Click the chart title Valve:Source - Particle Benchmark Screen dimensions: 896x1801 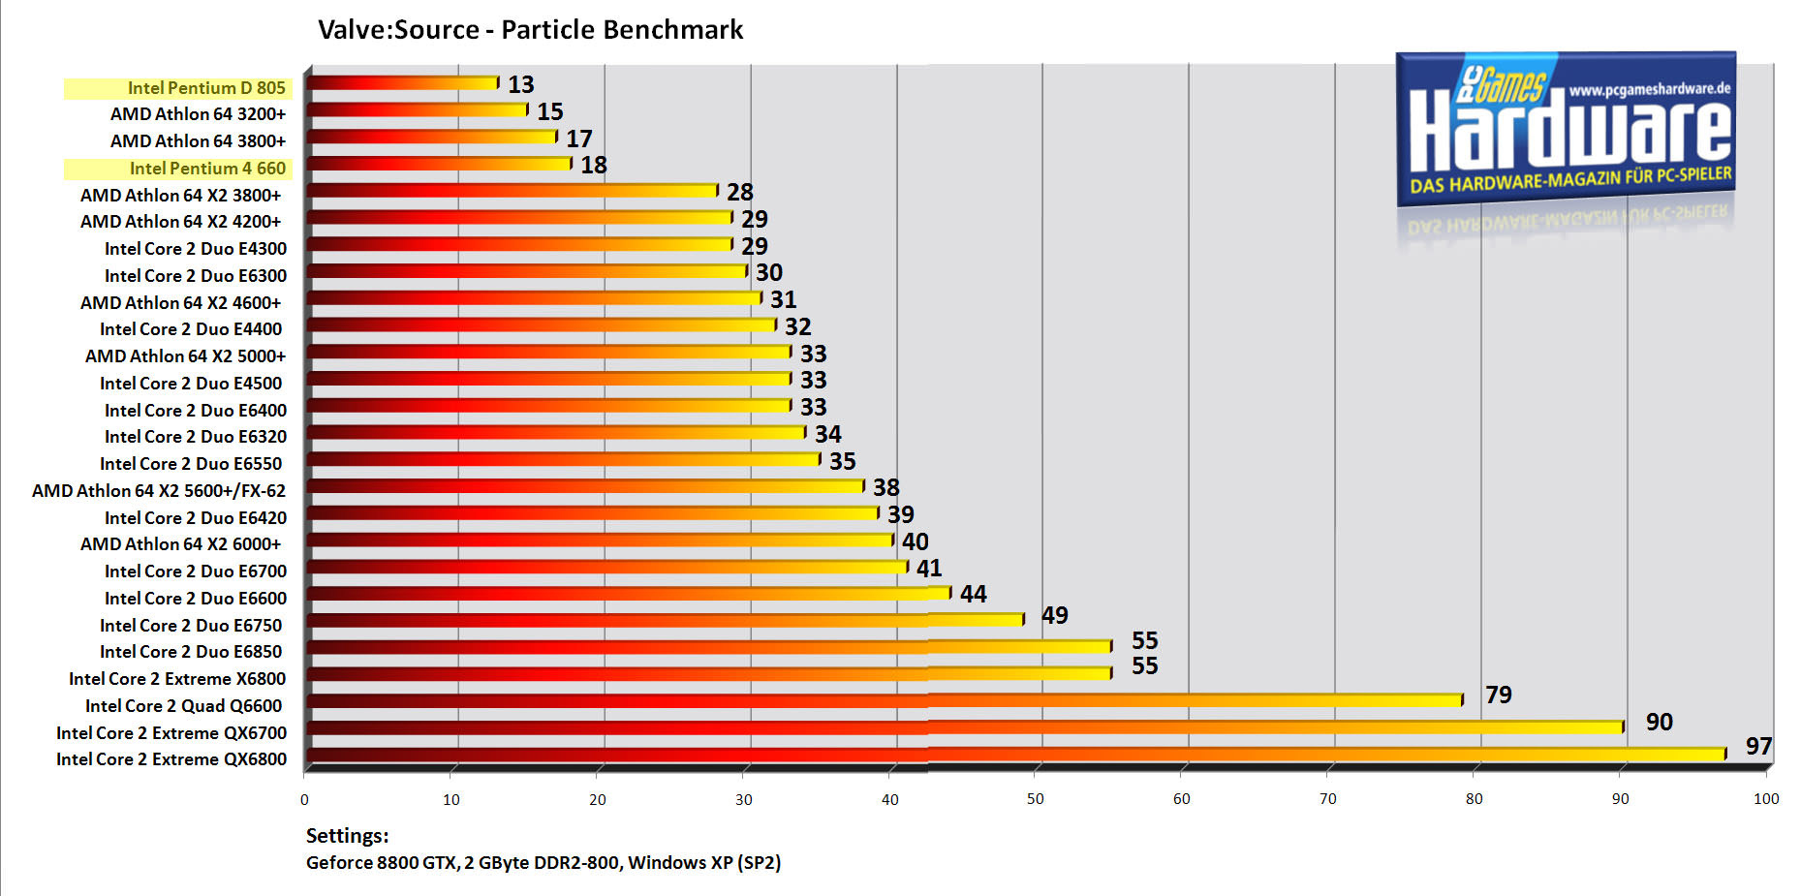point(530,30)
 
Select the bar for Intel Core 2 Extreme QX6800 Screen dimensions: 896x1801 point(1014,754)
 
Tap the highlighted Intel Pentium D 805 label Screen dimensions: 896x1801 point(206,88)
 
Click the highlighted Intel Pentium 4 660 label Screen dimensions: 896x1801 point(207,169)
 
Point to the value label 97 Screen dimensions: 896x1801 point(1758,746)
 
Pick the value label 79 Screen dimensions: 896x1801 point(1498,695)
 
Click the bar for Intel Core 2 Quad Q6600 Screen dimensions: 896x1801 point(884,699)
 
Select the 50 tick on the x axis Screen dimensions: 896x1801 point(1036,799)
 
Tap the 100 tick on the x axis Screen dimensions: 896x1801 point(1766,799)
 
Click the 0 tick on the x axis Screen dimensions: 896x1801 point(304,800)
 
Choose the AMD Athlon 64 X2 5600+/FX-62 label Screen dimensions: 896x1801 point(159,491)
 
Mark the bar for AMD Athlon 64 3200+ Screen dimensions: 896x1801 point(417,109)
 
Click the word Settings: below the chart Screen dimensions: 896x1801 point(347,836)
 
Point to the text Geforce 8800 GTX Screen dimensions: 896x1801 point(381,863)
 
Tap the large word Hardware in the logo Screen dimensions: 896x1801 point(1569,131)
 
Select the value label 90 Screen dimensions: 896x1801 point(1659,722)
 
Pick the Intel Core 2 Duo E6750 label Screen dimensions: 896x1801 point(191,626)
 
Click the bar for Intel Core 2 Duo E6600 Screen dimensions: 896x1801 point(628,593)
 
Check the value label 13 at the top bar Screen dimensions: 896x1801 point(521,85)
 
